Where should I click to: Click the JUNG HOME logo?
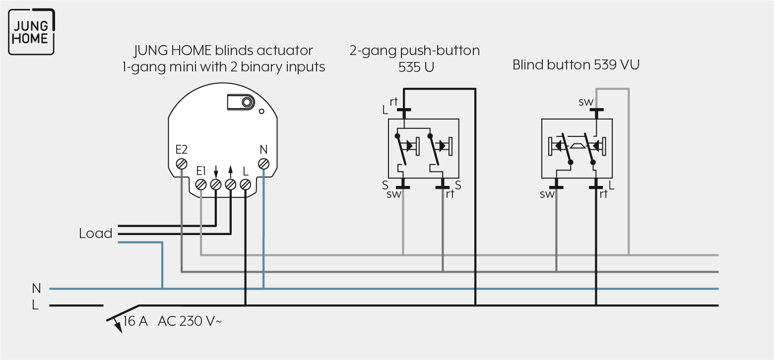(x=31, y=32)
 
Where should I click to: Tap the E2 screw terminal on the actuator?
(x=182, y=164)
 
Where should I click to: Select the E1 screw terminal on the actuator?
(x=201, y=184)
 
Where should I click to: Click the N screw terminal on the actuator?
(x=263, y=164)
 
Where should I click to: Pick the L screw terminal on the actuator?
(x=245, y=184)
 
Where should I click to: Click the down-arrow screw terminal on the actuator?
(x=216, y=184)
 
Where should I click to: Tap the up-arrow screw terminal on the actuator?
(x=231, y=184)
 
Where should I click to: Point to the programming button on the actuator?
(x=241, y=102)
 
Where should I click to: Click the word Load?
(x=96, y=234)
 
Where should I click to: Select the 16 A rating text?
(x=135, y=321)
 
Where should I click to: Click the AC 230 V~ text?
(x=190, y=321)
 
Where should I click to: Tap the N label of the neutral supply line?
(x=36, y=288)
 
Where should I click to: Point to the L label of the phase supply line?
(x=35, y=305)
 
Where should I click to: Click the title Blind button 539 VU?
(x=576, y=65)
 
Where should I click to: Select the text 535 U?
(x=416, y=67)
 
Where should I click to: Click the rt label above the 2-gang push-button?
(x=394, y=102)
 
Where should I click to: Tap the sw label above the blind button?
(x=586, y=102)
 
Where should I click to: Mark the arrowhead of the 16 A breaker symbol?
(x=118, y=327)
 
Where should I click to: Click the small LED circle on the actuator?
(x=261, y=111)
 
